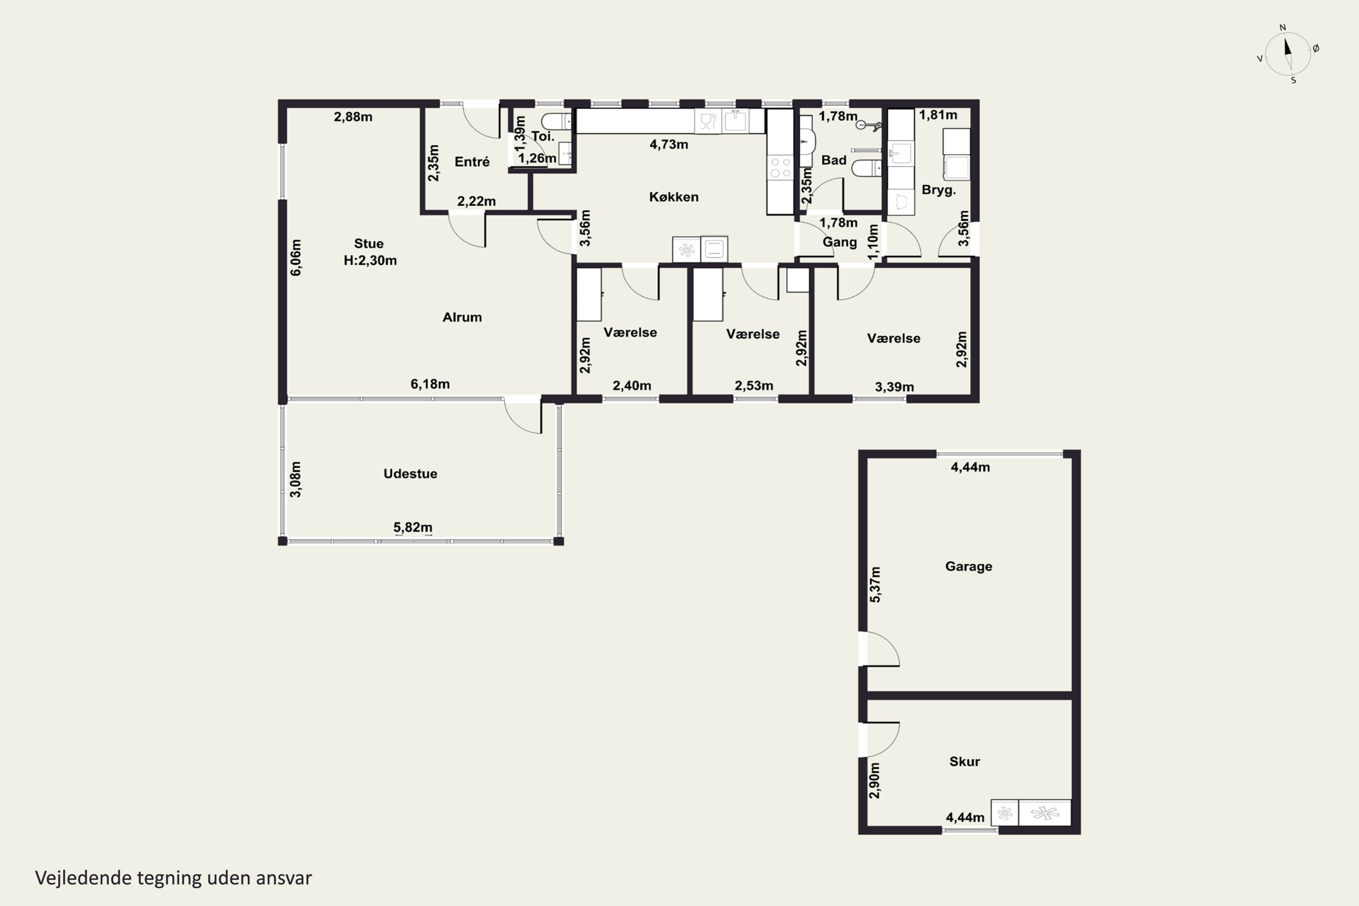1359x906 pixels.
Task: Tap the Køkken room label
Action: (674, 197)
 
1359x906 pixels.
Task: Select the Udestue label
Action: (410, 474)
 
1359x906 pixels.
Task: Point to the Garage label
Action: (969, 566)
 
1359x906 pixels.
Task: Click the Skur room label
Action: (964, 761)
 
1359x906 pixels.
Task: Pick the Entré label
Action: (472, 162)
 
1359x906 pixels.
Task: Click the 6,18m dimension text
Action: (430, 384)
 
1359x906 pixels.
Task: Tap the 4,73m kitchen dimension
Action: (669, 145)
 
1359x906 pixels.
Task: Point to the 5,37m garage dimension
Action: (875, 585)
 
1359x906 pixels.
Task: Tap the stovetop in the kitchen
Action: (780, 168)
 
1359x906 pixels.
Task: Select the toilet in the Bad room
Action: (867, 168)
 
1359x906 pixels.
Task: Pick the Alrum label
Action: (462, 317)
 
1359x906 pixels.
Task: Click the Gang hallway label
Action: (839, 242)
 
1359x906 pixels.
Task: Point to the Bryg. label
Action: (938, 190)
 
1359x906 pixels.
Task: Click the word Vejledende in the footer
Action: (83, 878)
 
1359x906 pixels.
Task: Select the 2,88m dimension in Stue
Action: (353, 117)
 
